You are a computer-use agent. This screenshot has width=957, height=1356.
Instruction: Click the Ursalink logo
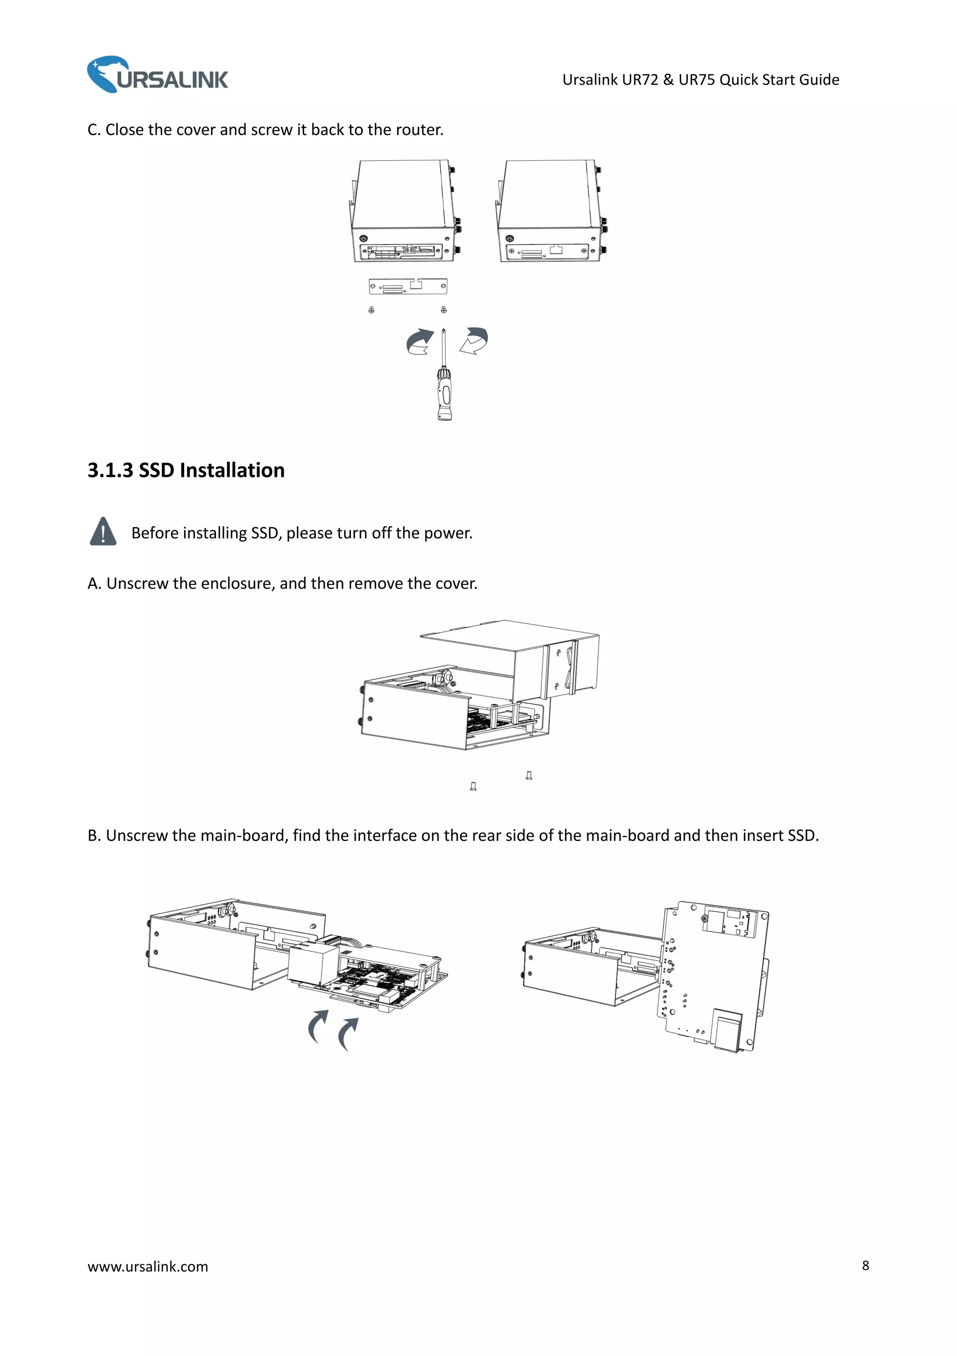(x=157, y=75)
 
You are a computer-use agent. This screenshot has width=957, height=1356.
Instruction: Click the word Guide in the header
(x=818, y=80)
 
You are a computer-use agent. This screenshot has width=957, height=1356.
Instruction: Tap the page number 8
(x=865, y=1265)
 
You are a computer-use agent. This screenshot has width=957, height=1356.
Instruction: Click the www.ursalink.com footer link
(x=148, y=1266)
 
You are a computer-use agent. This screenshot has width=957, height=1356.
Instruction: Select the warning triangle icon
(x=103, y=531)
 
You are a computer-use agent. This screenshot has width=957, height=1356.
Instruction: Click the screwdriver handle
(x=444, y=395)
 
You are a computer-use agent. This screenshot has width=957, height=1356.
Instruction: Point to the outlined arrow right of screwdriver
(x=475, y=341)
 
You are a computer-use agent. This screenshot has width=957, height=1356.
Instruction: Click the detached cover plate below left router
(x=408, y=287)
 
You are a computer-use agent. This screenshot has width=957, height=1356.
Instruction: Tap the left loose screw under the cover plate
(x=371, y=309)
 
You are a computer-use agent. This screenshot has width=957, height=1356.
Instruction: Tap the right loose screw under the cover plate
(x=443, y=309)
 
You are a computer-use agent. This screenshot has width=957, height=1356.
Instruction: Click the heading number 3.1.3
(x=110, y=470)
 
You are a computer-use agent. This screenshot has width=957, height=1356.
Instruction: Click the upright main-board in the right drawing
(x=711, y=975)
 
